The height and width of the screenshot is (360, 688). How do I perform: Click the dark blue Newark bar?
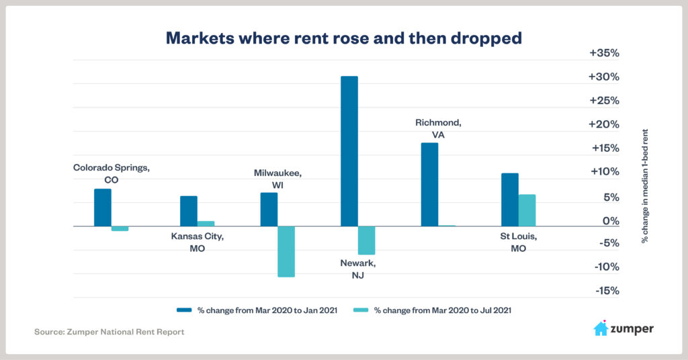pos(349,151)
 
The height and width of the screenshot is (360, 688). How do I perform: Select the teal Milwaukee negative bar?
pos(286,251)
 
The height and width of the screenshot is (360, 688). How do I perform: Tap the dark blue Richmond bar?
pos(429,185)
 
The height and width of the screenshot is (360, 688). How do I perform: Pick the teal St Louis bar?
pos(527,210)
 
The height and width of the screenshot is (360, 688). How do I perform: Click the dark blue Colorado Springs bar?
pos(103,208)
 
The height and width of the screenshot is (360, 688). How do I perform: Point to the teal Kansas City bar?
pos(206,224)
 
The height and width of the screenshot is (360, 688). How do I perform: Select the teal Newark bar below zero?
pos(366,240)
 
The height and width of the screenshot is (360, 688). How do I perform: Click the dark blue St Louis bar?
pos(510,199)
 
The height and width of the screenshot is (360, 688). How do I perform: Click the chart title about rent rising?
pos(343,38)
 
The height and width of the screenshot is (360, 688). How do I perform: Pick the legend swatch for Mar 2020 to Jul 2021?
pos(361,310)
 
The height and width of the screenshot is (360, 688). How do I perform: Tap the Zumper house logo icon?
pos(601,328)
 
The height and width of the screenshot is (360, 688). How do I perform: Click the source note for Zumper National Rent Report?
pos(109,332)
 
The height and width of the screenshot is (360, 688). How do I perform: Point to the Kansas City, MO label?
pos(197,242)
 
